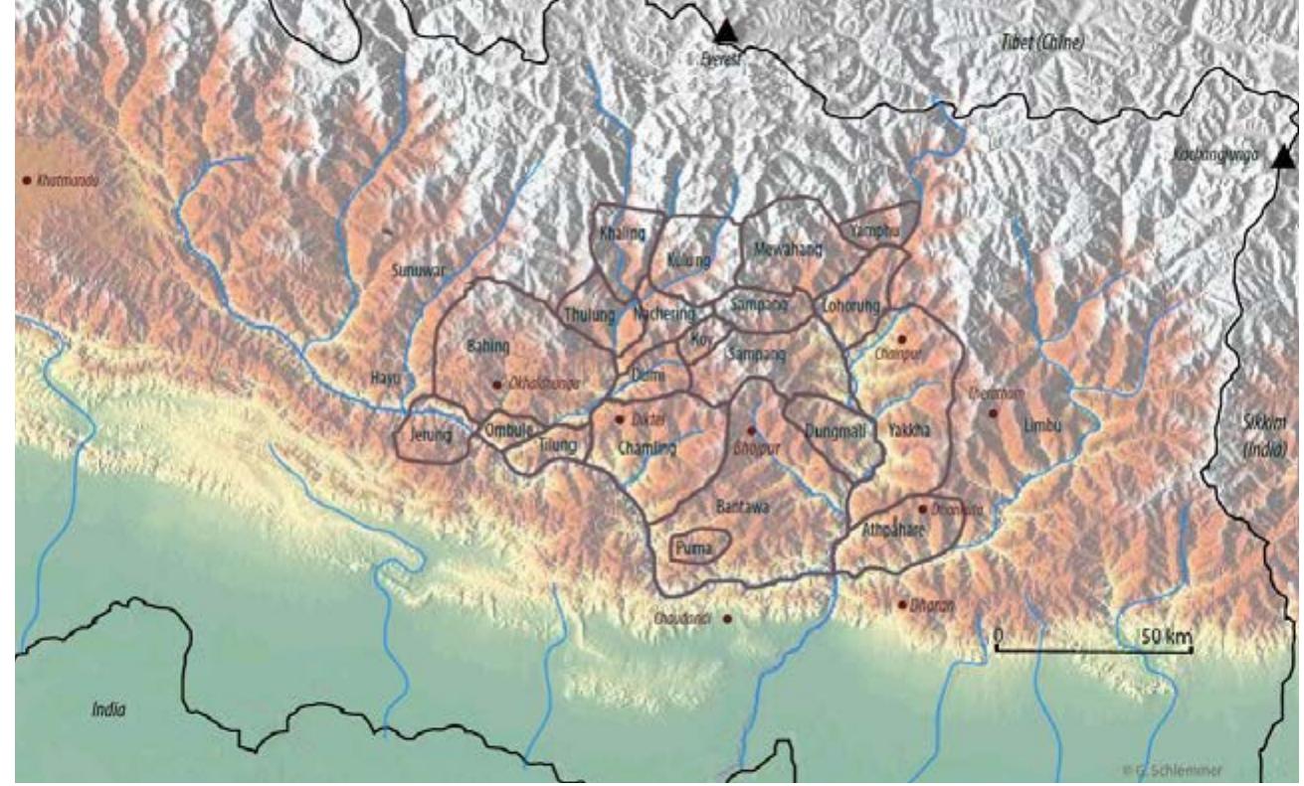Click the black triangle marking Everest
(727, 32)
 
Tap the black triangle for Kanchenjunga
(1283, 157)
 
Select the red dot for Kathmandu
(26, 181)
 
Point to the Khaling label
(623, 235)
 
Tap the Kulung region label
(688, 260)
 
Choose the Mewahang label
(789, 250)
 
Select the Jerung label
(430, 434)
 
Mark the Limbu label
(1042, 425)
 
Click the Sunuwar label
(416, 269)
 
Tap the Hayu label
(384, 378)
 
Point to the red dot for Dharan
(902, 604)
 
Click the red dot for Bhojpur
(751, 430)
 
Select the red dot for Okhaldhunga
(497, 384)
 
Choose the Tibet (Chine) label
(1042, 43)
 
